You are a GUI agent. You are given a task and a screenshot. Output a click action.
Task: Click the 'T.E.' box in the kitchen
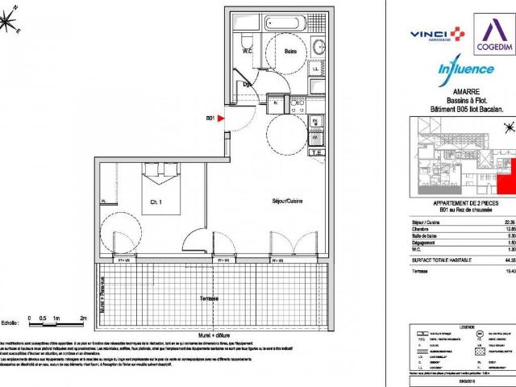tap(317, 151)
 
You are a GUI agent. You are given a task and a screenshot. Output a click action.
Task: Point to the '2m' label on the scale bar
tap(84, 318)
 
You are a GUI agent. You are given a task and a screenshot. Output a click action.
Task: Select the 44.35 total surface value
tap(507, 260)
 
